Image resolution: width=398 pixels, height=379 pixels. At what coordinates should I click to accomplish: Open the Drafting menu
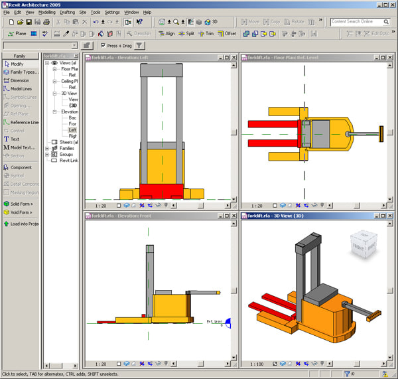pyautogui.click(x=67, y=12)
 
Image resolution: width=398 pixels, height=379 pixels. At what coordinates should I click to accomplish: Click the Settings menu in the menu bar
pyautogui.click(x=112, y=12)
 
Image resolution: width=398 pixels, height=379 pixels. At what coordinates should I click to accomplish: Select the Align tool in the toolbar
pyautogui.click(x=166, y=33)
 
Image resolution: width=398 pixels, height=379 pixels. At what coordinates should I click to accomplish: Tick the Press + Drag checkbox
pyautogui.click(x=103, y=46)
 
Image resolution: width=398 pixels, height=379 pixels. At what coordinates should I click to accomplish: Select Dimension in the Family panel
pyautogui.click(x=19, y=80)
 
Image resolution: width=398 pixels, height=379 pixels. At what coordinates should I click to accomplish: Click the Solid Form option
pyautogui.click(x=21, y=204)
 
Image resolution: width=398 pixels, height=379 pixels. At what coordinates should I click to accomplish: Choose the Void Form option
pyautogui.click(x=21, y=212)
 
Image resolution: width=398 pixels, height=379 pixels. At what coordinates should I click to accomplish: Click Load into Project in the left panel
pyautogui.click(x=24, y=224)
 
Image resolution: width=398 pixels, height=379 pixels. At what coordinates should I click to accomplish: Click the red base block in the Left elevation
pyautogui.click(x=162, y=190)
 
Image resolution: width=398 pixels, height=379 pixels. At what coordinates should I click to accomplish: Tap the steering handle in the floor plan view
pyautogui.click(x=381, y=133)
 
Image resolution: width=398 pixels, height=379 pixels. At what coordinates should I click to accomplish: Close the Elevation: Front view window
pyautogui.click(x=233, y=216)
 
